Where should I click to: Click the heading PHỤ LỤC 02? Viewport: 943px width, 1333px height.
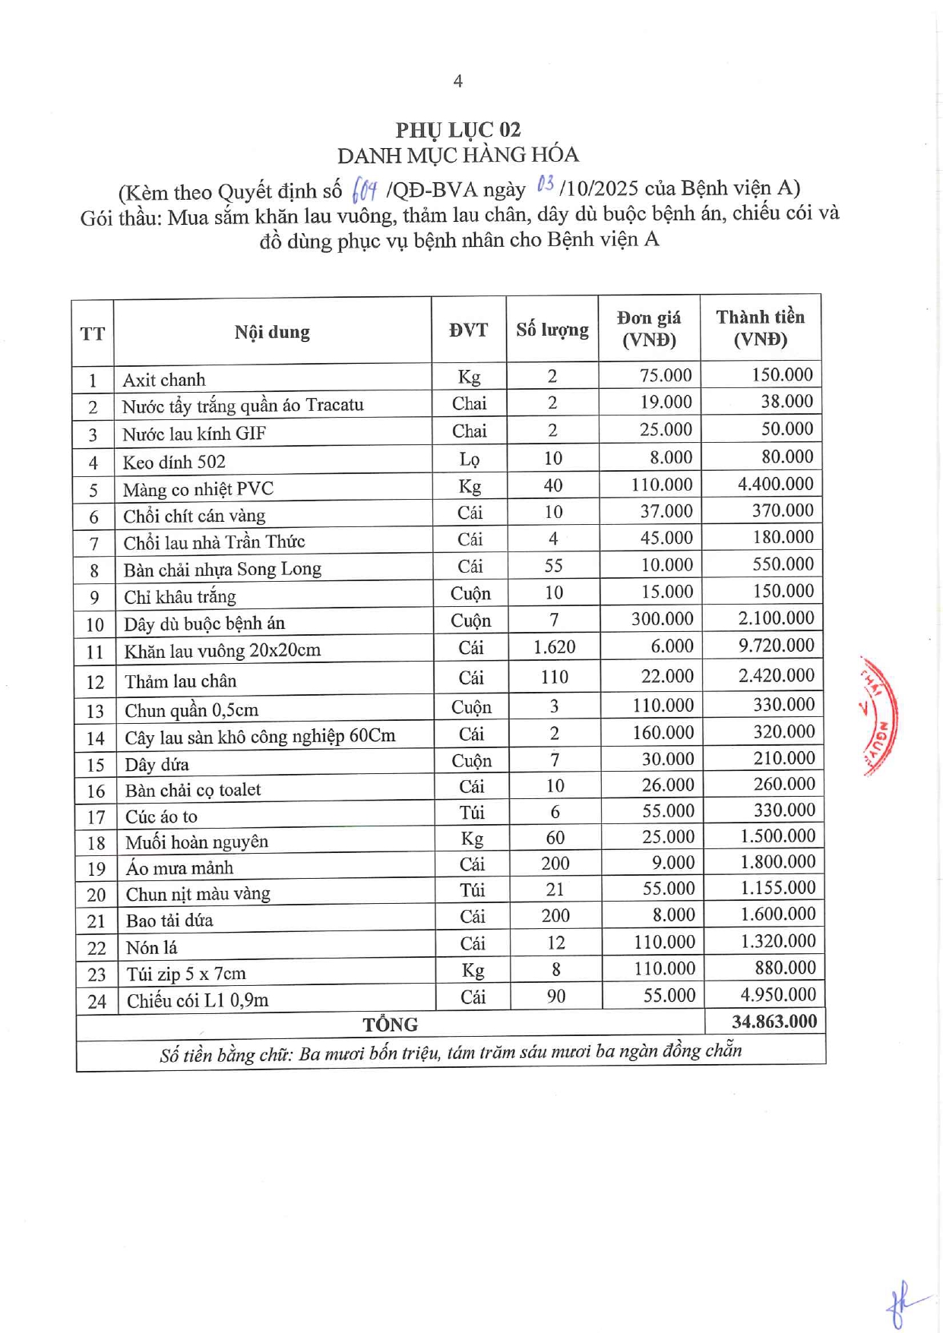point(457,130)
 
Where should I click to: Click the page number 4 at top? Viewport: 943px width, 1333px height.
point(457,81)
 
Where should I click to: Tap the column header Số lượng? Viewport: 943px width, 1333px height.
point(552,330)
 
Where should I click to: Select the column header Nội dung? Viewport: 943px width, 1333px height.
point(272,332)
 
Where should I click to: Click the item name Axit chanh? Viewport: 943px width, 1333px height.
point(164,380)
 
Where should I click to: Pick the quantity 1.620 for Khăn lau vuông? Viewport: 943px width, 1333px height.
point(554,647)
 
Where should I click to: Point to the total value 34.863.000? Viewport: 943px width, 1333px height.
point(774,1022)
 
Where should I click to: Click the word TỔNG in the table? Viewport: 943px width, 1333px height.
point(391,1025)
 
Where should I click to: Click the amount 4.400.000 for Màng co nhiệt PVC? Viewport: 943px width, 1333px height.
point(775,484)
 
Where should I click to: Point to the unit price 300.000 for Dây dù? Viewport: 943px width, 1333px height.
point(662,619)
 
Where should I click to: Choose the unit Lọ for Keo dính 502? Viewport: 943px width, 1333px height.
point(470,459)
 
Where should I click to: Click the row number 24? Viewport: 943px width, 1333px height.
point(97,1002)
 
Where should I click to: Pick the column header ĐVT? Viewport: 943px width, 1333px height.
point(468,330)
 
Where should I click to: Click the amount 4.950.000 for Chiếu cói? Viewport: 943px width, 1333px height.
point(778,995)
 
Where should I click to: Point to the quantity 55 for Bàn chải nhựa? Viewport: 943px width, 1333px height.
point(553,566)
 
